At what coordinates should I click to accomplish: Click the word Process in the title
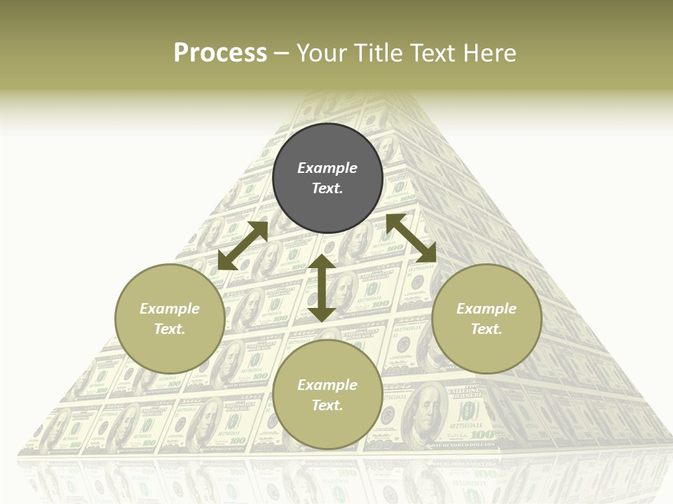pyautogui.click(x=220, y=53)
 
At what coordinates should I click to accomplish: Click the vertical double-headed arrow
pyautogui.click(x=322, y=288)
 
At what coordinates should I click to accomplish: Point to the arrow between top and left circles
pyautogui.click(x=243, y=246)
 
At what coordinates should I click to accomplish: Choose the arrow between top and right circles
pyautogui.click(x=411, y=238)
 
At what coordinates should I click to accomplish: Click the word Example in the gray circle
pyautogui.click(x=327, y=168)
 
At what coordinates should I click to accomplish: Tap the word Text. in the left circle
pyautogui.click(x=170, y=329)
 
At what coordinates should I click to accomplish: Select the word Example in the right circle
pyautogui.click(x=487, y=309)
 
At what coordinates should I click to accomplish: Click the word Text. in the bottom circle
pyautogui.click(x=327, y=405)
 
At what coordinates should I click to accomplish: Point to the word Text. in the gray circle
pyautogui.click(x=327, y=188)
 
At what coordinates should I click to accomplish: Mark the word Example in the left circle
pyautogui.click(x=170, y=309)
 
